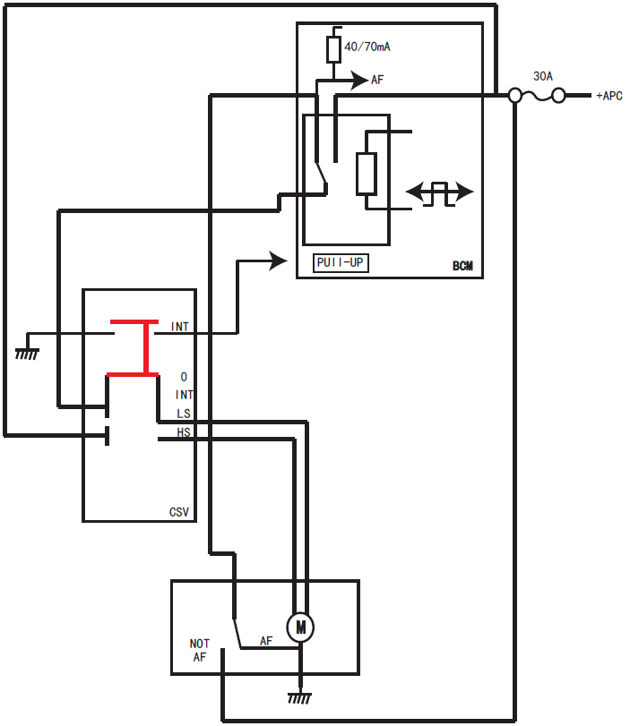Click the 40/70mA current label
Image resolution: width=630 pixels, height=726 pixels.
(x=367, y=46)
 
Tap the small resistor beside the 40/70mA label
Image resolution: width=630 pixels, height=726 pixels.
(x=333, y=50)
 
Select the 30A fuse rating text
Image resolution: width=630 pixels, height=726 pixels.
(x=543, y=77)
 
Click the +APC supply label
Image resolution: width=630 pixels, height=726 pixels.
(x=608, y=96)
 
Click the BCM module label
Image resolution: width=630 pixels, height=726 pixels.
(x=462, y=266)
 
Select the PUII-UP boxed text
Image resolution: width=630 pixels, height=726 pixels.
(x=341, y=263)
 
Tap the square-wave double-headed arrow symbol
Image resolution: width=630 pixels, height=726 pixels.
(x=439, y=192)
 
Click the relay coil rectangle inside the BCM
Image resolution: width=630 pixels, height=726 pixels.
(x=367, y=174)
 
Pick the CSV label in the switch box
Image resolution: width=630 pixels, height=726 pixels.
(x=179, y=512)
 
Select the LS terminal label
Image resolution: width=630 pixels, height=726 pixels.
(x=184, y=413)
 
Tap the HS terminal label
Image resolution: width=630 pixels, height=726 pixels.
(x=184, y=432)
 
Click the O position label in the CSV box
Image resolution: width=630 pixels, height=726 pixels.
(x=184, y=377)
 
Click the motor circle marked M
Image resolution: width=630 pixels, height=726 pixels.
(x=300, y=628)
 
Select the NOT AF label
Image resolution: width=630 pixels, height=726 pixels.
(x=199, y=650)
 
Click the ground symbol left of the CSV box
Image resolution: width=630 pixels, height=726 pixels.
(x=27, y=354)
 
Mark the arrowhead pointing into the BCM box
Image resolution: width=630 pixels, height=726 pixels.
(x=278, y=261)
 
